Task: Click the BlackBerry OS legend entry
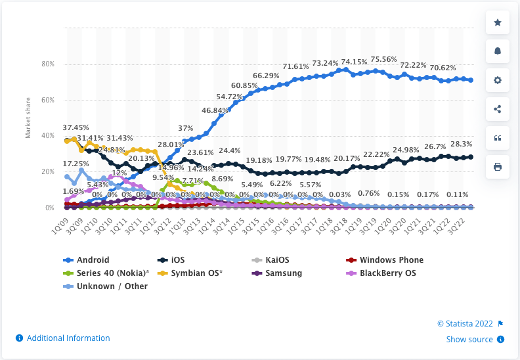point(387,273)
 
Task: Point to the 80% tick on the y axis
point(48,64)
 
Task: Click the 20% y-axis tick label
point(48,172)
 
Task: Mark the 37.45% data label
point(76,127)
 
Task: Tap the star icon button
point(497,23)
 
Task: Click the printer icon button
point(497,167)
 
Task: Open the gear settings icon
point(497,80)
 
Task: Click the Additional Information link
point(64,338)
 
